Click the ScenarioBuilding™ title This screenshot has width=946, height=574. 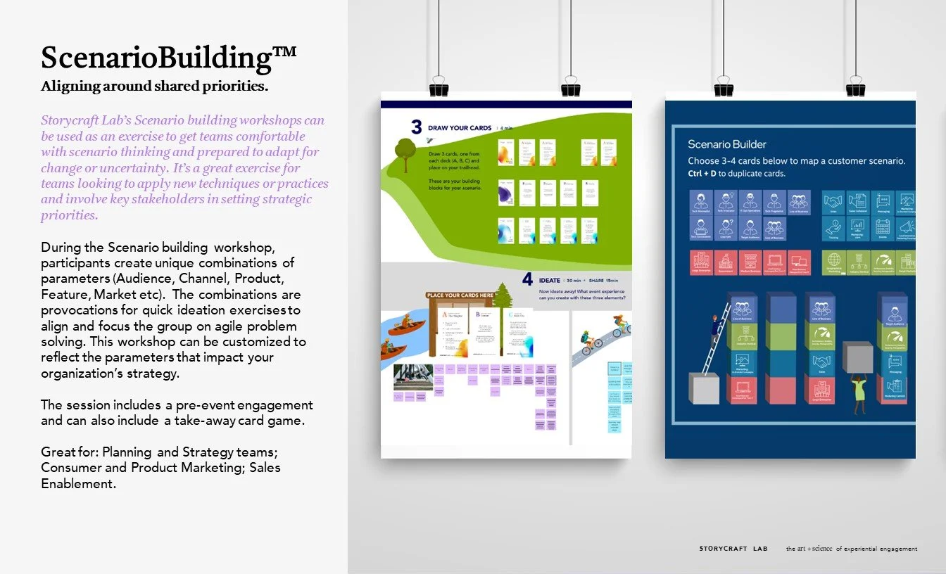pyautogui.click(x=168, y=58)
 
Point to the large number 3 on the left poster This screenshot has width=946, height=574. pyautogui.click(x=417, y=127)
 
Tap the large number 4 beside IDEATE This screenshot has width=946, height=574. pyautogui.click(x=528, y=279)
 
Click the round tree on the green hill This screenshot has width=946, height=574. pyautogui.click(x=405, y=151)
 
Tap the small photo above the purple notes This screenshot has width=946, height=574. pyautogui.click(x=413, y=376)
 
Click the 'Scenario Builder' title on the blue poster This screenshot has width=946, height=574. pyautogui.click(x=727, y=144)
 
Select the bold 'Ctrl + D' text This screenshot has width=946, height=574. pyautogui.click(x=707, y=173)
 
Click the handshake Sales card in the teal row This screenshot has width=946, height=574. pyautogui.click(x=834, y=203)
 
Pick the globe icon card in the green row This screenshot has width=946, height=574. pyautogui.click(x=834, y=262)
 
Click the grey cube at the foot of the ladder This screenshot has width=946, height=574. pyautogui.click(x=703, y=388)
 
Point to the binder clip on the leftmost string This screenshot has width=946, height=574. pyautogui.click(x=439, y=87)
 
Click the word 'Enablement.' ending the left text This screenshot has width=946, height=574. pyautogui.click(x=78, y=483)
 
